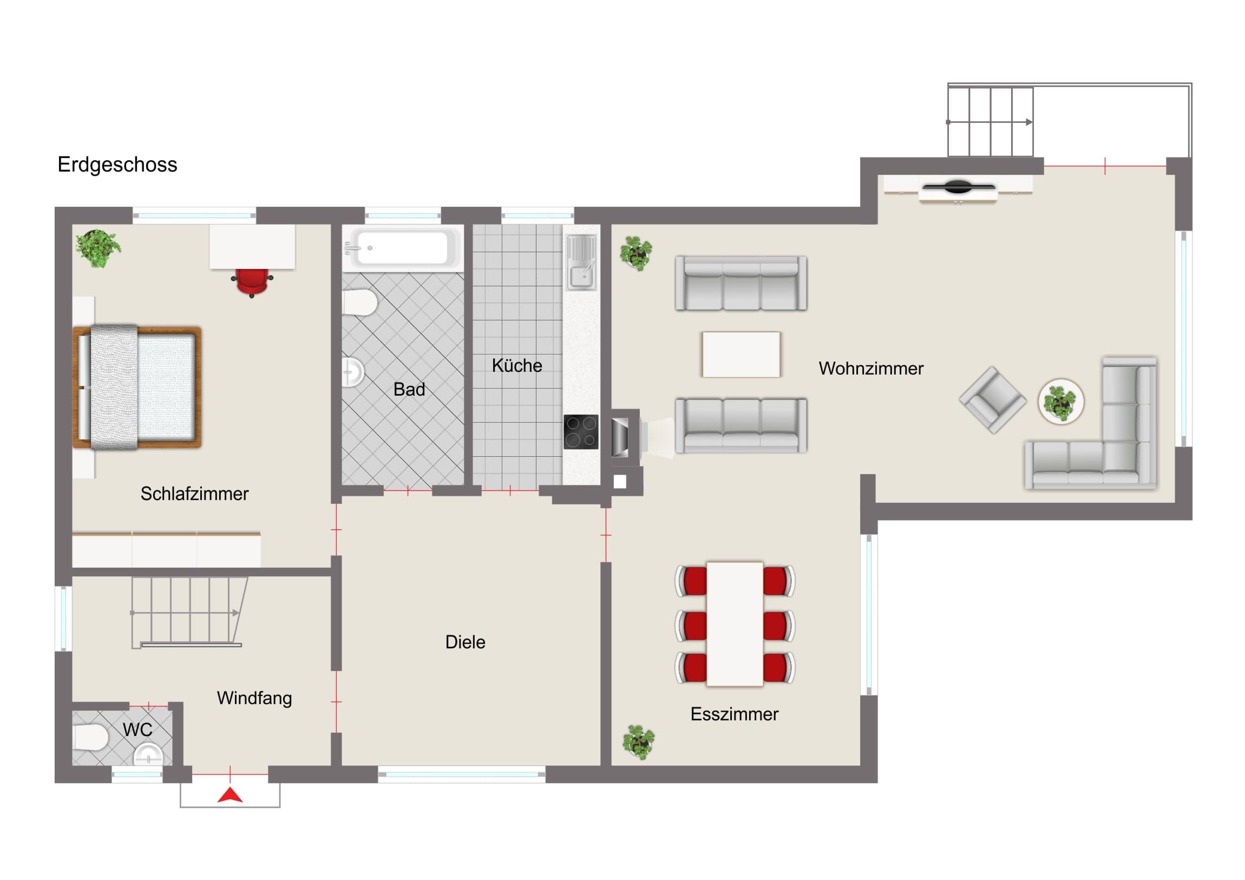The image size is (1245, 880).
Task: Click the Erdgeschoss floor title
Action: point(117,165)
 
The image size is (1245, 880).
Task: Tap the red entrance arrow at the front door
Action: point(231,795)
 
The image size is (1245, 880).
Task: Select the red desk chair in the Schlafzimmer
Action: point(252,283)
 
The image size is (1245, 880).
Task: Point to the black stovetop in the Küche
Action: point(581,431)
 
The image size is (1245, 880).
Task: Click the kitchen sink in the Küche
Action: point(581,262)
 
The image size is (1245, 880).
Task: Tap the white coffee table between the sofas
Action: point(741,354)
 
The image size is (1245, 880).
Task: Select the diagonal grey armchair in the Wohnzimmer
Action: point(993,400)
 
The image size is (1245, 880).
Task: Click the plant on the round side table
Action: point(1060,402)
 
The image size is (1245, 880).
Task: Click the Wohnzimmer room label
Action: point(871,369)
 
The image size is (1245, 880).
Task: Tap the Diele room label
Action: point(465,642)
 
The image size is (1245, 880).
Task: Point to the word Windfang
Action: point(254,698)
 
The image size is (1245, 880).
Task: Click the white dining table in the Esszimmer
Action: point(735,624)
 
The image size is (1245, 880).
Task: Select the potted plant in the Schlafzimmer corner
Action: point(97,248)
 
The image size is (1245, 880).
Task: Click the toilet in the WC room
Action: point(90,737)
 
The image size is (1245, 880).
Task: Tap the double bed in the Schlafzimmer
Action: point(137,388)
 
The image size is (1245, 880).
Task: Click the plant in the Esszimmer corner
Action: point(638,742)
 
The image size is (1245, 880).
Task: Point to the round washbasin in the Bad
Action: point(352,372)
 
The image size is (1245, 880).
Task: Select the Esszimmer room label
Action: point(734,714)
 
